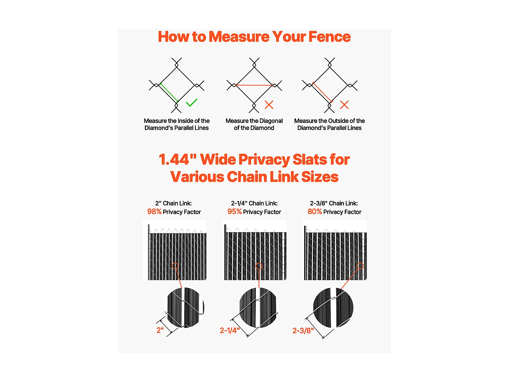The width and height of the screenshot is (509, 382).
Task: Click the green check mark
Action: [x=191, y=103]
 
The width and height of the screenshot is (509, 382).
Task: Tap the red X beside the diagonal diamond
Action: [x=269, y=105]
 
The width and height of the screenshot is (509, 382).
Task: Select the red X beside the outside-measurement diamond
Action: [x=344, y=105]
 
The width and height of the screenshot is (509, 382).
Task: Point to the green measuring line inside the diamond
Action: [x=169, y=93]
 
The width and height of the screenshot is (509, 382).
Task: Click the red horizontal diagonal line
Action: [x=254, y=85]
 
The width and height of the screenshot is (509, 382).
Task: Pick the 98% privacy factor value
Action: [x=154, y=212]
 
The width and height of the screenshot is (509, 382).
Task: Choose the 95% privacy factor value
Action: [x=234, y=212]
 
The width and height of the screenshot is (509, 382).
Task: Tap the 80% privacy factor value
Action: [x=315, y=212]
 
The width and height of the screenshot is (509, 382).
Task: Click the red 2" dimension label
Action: [x=160, y=330]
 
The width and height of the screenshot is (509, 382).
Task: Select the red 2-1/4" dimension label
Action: [x=230, y=330]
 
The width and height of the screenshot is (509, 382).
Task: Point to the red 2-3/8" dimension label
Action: [x=303, y=330]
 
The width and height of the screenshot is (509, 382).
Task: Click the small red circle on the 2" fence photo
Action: [x=175, y=266]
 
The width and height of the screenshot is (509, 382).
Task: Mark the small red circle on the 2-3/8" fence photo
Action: [x=360, y=266]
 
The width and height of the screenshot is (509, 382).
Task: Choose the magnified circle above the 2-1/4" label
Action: [x=258, y=308]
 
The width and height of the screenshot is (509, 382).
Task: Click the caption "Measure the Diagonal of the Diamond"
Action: [x=254, y=124]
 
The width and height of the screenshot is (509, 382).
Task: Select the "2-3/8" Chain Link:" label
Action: [x=334, y=203]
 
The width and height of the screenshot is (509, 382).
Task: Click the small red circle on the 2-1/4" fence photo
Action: [x=259, y=266]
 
